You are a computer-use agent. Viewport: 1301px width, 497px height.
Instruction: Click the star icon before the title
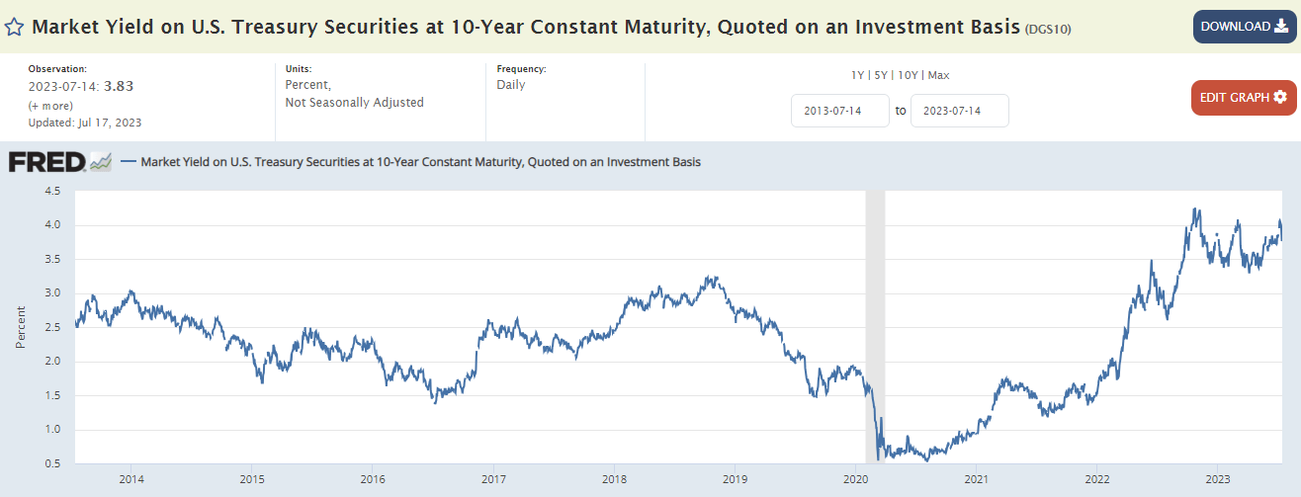15,27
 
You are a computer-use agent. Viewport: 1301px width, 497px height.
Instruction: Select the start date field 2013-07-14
839,111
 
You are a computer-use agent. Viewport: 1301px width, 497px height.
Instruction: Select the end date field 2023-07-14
959,111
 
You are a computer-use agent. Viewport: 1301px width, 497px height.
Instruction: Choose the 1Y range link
857,75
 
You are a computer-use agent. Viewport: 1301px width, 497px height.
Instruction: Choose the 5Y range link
879,75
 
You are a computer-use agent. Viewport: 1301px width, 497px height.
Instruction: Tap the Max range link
937,75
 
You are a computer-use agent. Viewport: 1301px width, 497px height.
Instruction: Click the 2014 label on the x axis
131,479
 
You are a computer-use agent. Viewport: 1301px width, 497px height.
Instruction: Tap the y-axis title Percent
21,327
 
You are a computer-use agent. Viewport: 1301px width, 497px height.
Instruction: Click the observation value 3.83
119,86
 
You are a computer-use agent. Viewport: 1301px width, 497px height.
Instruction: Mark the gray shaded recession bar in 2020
875,326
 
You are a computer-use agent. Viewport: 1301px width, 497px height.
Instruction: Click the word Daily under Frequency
511,85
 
